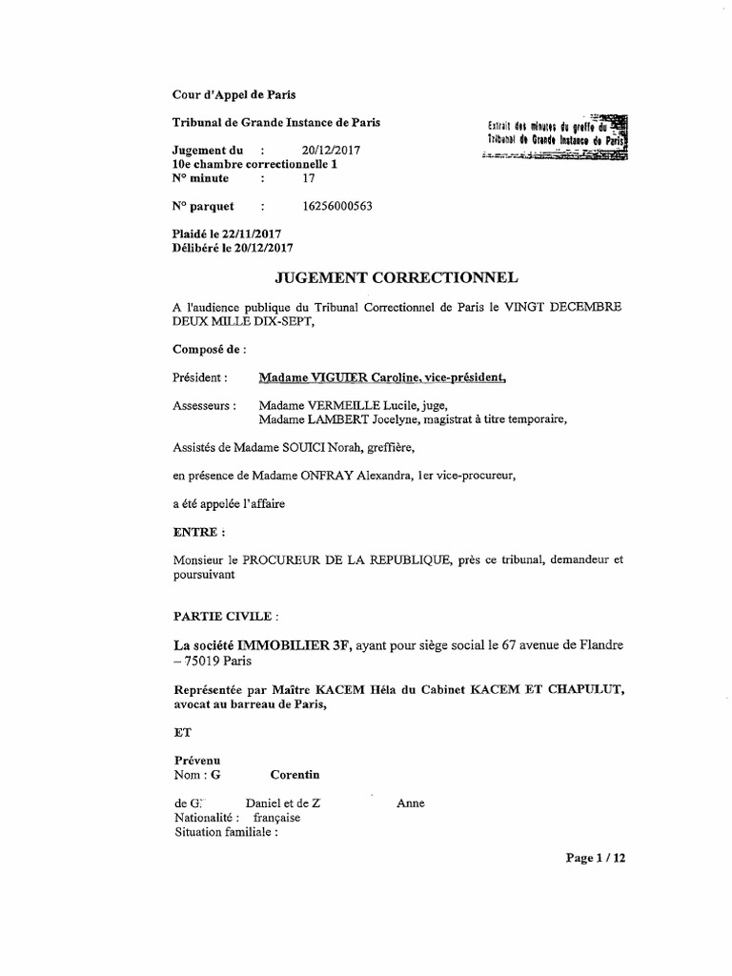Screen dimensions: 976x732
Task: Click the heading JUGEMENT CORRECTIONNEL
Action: pos(396,278)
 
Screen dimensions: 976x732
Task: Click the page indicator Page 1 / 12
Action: pos(596,858)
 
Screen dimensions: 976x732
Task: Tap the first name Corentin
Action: pos(295,775)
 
